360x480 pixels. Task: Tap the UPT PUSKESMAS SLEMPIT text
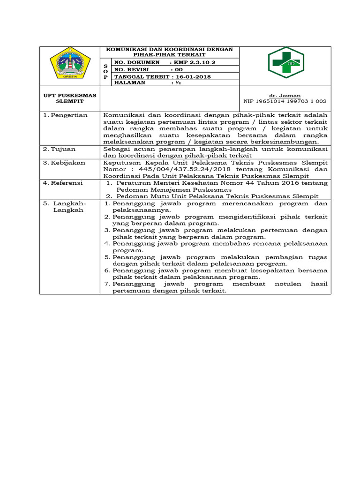coord(70,98)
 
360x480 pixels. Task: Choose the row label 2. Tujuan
coord(60,149)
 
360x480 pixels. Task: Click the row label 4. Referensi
coord(63,183)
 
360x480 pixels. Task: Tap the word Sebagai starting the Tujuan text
coord(116,149)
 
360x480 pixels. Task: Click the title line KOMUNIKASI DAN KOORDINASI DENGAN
coord(170,49)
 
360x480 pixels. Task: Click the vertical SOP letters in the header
coord(105,71)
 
